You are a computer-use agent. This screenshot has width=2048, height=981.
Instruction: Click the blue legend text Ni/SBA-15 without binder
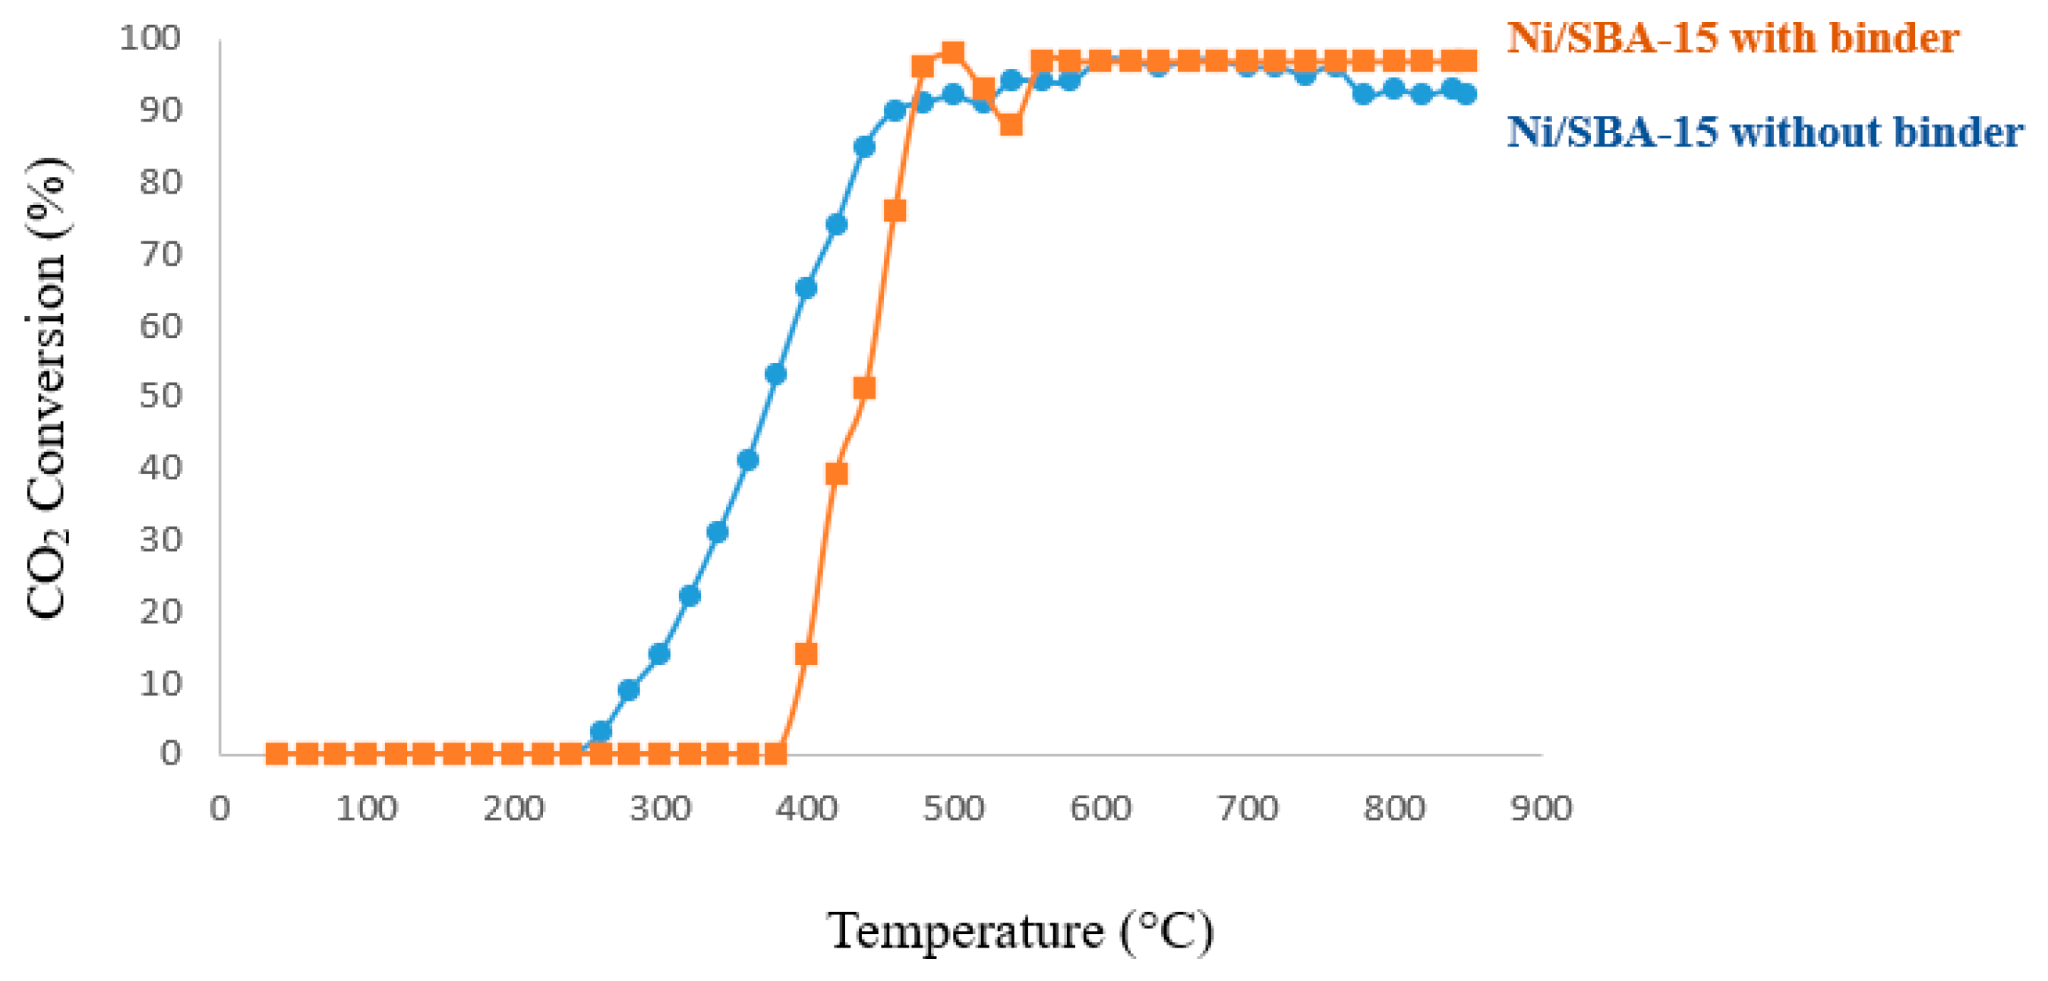pyautogui.click(x=1764, y=131)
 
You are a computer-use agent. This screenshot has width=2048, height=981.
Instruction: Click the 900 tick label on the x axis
pyautogui.click(x=1541, y=809)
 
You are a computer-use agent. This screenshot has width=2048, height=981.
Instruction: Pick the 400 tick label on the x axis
pyautogui.click(x=806, y=809)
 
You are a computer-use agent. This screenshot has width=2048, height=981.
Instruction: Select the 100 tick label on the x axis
pyautogui.click(x=366, y=809)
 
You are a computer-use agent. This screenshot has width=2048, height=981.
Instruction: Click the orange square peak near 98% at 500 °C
pyautogui.click(x=952, y=53)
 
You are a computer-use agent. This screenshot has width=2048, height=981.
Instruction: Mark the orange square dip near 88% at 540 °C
pyautogui.click(x=1011, y=125)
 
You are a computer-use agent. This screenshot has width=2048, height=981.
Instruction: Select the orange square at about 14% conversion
pyautogui.click(x=806, y=654)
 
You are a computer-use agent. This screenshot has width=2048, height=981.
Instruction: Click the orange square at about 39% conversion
pyautogui.click(x=835, y=474)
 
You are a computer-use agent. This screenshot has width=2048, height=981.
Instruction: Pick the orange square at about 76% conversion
pyautogui.click(x=895, y=210)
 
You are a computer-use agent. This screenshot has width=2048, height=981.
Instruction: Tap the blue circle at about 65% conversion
pyautogui.click(x=806, y=288)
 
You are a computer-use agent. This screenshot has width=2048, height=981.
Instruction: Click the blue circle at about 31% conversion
pyautogui.click(x=717, y=531)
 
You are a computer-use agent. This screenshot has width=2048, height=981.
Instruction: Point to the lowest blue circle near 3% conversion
pyautogui.click(x=601, y=730)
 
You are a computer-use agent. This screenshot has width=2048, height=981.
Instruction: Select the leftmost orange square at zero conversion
pyautogui.click(x=276, y=753)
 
